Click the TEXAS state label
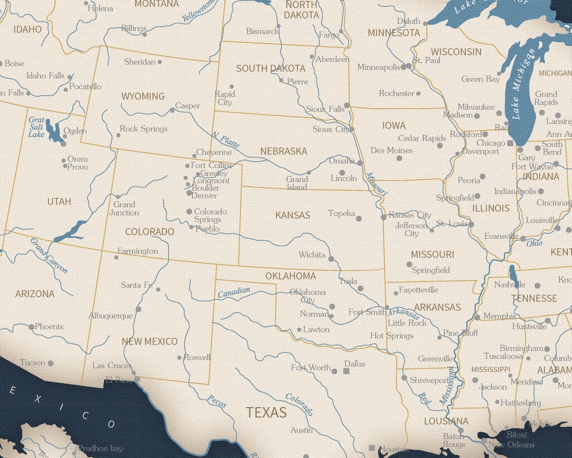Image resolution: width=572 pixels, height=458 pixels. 266,412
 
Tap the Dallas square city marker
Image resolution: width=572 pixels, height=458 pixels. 346,371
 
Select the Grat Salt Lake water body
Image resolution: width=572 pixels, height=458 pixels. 53,130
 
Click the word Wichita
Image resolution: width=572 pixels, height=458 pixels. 312,254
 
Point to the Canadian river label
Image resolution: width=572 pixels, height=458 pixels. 234,292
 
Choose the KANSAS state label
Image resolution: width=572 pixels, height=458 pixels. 293,215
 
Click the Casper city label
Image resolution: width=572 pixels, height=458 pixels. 188,106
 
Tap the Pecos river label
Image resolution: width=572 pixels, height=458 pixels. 217,401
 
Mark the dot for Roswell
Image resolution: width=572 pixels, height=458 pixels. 179,358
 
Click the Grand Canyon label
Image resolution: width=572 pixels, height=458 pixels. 49,255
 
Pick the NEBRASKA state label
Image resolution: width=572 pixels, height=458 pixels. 283,150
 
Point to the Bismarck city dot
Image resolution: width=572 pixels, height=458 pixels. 278,26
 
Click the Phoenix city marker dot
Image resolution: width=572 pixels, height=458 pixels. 31,327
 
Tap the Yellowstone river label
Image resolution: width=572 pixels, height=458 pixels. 199,11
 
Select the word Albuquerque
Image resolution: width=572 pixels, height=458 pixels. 110,316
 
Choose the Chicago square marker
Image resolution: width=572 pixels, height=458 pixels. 510,143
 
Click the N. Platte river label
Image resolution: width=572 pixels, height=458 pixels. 225,140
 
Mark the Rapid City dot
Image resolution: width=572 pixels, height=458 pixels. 231,86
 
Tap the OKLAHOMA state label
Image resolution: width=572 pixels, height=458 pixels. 291,276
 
